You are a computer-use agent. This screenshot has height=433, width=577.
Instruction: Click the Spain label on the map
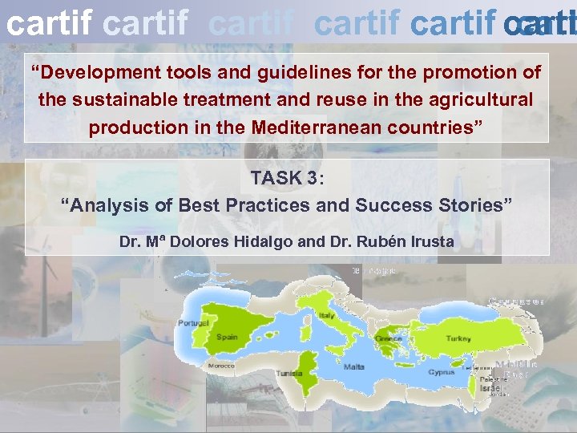pyautogui.click(x=227, y=337)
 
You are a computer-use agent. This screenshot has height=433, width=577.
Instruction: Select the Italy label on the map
pyautogui.click(x=326, y=316)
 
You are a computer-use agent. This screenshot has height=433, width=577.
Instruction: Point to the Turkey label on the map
pyautogui.click(x=458, y=338)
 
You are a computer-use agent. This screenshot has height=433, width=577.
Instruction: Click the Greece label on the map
pyautogui.click(x=389, y=338)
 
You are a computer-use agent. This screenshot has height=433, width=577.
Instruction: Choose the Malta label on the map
pyautogui.click(x=353, y=366)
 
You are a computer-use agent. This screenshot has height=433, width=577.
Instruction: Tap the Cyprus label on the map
pyautogui.click(x=442, y=372)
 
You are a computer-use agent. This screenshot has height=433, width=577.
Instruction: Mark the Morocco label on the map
pyautogui.click(x=221, y=366)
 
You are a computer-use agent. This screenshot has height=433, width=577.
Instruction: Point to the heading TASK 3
pyautogui.click(x=283, y=178)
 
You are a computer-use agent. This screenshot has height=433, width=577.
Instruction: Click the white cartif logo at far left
pyautogui.click(x=48, y=24)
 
